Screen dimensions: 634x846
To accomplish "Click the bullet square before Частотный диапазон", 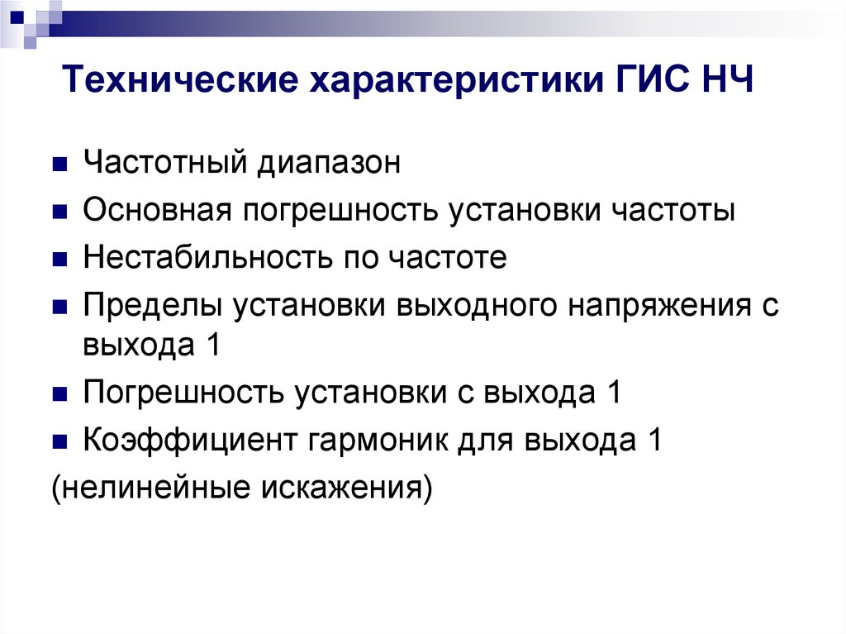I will tap(59, 164).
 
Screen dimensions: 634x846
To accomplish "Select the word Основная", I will tap(155, 211).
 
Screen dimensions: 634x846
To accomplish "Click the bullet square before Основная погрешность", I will tap(59, 212).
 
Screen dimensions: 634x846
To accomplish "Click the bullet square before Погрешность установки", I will tap(59, 393).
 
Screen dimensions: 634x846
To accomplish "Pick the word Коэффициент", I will tap(189, 441).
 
